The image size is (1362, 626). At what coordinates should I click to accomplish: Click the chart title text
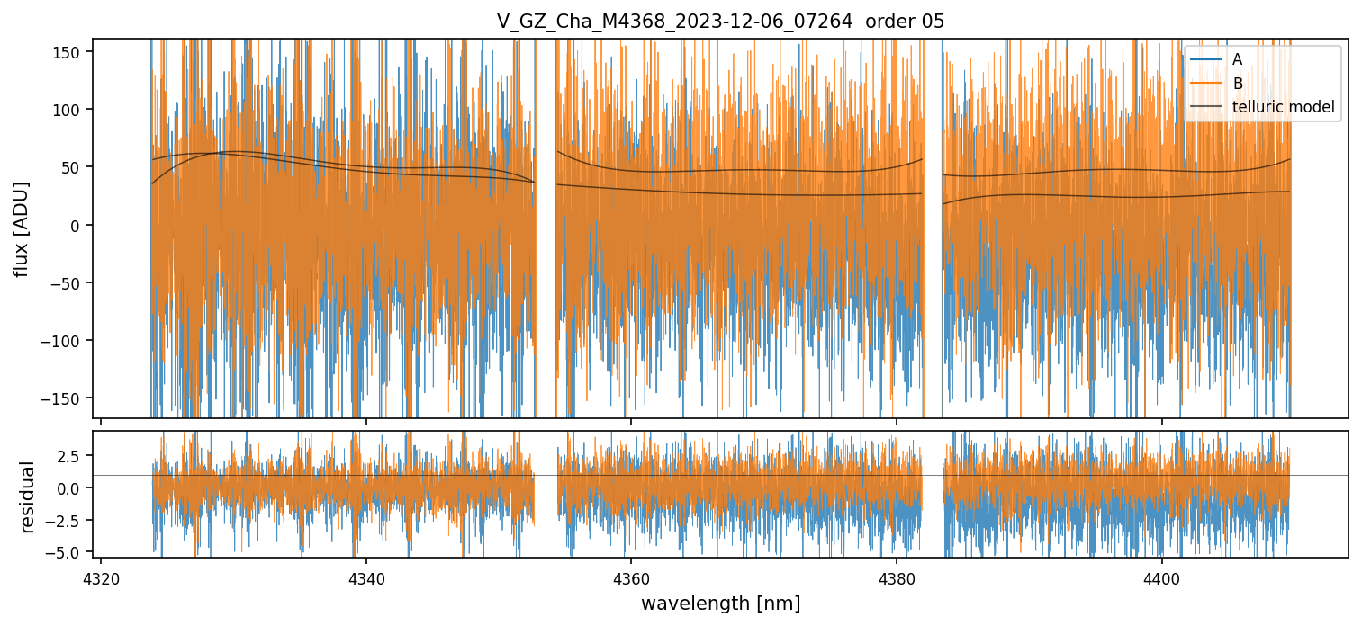720,22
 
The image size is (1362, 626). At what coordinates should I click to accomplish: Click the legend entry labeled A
1237,59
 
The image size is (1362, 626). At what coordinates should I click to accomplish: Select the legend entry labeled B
1237,84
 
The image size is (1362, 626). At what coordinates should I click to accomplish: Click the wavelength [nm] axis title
720,603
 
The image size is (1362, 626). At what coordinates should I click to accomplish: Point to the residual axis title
28,496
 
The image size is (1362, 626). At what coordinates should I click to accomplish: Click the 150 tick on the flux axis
72,51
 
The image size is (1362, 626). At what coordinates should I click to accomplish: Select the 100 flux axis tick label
72,109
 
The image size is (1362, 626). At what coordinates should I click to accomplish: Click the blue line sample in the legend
1206,59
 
